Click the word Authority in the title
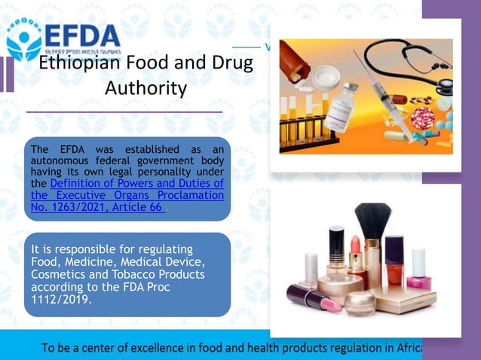coord(146,88)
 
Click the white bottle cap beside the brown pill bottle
coord(326,76)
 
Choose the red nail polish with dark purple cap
coord(394,261)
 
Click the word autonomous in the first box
coord(62,161)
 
